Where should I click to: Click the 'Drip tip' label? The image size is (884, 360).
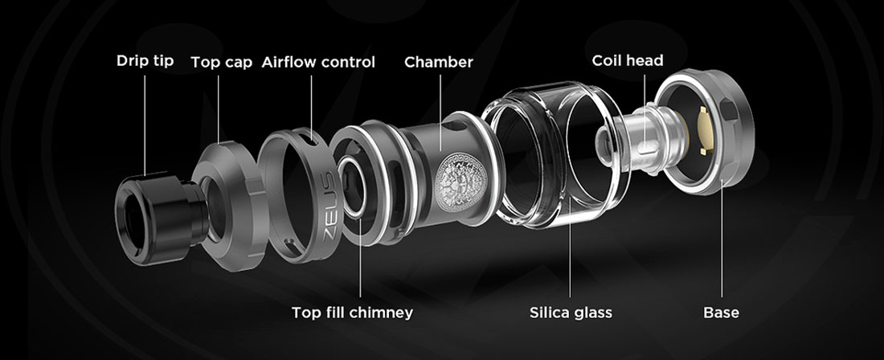tap(145, 61)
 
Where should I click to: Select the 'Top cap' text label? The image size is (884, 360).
tap(222, 62)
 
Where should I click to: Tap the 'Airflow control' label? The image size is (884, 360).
tap(318, 62)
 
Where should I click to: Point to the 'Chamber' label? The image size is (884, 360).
tap(439, 62)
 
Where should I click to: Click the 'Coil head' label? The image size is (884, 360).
tap(628, 60)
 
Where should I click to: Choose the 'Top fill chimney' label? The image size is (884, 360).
tap(352, 312)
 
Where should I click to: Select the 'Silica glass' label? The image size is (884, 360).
tap(571, 312)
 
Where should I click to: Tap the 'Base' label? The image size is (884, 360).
tap(721, 312)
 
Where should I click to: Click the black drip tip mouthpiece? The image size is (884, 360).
tap(161, 218)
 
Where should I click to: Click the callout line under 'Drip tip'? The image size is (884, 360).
tap(145, 125)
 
